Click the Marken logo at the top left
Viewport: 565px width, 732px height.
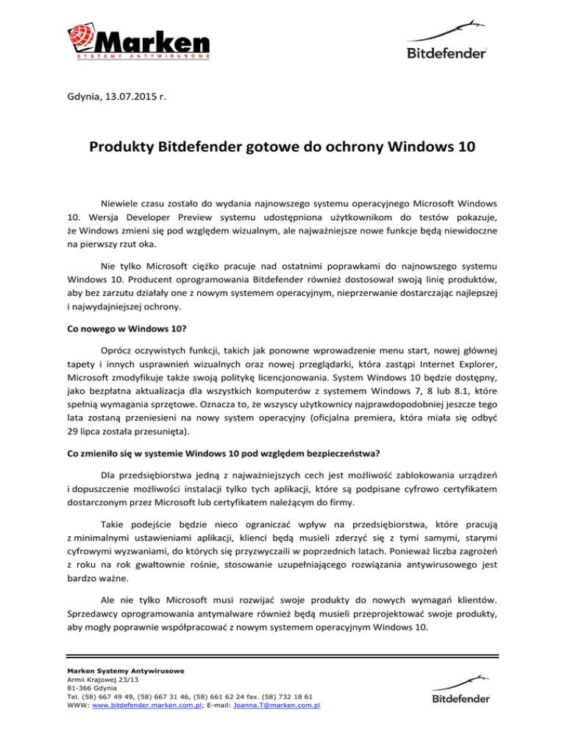140,40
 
